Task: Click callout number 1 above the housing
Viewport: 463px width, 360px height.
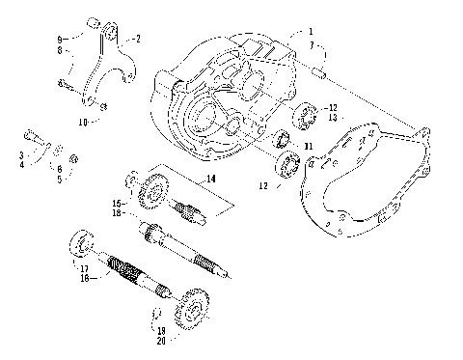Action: coord(312,32)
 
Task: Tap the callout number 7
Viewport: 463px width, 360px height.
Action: coord(312,45)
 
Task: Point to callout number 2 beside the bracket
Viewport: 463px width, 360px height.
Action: coord(137,39)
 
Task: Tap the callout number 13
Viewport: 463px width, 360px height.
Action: coord(334,118)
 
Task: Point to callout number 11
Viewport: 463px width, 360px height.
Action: coord(308,146)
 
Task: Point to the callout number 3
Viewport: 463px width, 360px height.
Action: coord(21,154)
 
